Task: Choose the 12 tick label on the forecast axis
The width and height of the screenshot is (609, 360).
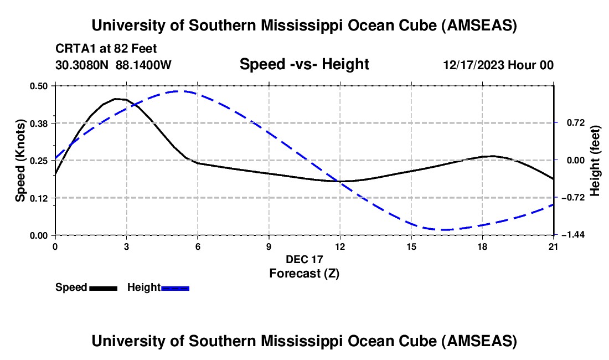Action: coord(340,246)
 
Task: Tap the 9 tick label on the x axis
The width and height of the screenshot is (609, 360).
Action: coord(269,246)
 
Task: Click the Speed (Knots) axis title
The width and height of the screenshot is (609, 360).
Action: coord(20,160)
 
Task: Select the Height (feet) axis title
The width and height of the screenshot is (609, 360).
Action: coord(596,160)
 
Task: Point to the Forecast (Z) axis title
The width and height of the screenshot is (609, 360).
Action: coord(304,273)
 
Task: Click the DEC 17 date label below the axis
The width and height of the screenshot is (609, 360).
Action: coord(304,259)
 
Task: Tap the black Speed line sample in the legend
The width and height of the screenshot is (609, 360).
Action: coord(103,288)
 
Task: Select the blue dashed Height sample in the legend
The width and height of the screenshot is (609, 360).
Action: coord(175,288)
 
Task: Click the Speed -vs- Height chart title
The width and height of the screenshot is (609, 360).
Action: coord(304,64)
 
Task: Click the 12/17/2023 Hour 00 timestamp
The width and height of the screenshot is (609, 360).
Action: coord(498,65)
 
